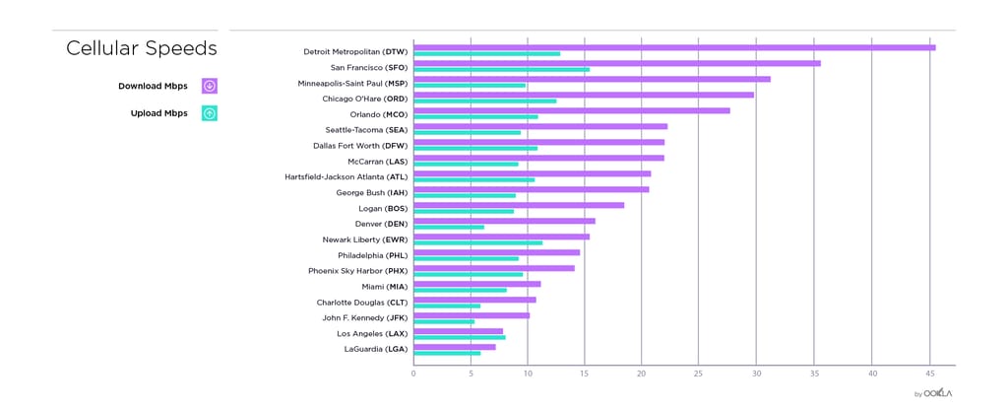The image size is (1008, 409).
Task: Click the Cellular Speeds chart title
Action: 142,48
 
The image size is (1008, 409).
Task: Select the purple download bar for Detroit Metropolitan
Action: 673,47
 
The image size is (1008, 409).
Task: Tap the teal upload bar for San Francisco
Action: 501,70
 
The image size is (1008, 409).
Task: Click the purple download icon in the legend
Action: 210,86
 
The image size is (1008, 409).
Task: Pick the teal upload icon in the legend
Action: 210,113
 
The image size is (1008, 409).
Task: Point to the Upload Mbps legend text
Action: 158,113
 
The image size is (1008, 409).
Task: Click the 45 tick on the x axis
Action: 930,374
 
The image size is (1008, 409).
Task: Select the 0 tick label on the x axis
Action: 413,374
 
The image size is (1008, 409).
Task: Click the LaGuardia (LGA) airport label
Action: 376,349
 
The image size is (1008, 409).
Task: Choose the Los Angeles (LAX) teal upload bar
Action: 459,337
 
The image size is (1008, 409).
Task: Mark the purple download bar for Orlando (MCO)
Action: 572,110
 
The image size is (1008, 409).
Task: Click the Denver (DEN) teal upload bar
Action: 449,228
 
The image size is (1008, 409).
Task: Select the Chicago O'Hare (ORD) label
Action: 365,99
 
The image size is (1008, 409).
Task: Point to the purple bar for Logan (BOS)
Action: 519,205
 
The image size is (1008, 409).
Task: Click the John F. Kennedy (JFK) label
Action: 365,317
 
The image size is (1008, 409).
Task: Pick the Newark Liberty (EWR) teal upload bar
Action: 477,242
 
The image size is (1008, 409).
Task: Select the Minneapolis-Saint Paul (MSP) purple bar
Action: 592,79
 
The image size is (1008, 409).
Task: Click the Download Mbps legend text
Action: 153,86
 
